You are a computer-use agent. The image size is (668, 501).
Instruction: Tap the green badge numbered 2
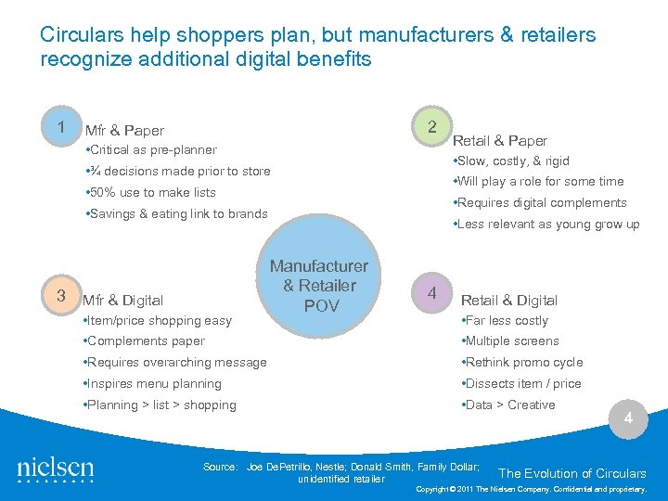(x=430, y=126)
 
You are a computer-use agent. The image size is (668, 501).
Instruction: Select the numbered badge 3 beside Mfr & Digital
(x=59, y=296)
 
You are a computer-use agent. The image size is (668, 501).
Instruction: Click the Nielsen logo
(x=56, y=469)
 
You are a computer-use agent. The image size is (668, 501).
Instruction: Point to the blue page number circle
(x=628, y=418)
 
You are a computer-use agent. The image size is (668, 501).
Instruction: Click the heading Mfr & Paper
(x=124, y=131)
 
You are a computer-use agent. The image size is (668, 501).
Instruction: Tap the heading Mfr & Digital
(x=123, y=301)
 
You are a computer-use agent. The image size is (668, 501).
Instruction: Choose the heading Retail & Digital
(x=509, y=301)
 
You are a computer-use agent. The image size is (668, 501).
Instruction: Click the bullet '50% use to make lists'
(x=150, y=193)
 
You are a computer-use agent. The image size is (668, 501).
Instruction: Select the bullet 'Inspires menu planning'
(x=154, y=384)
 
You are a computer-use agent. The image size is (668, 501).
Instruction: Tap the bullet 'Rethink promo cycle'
(x=524, y=363)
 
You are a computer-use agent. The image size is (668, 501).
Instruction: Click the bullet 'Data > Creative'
(x=510, y=405)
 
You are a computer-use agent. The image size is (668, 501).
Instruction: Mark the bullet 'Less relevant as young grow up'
(x=546, y=225)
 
